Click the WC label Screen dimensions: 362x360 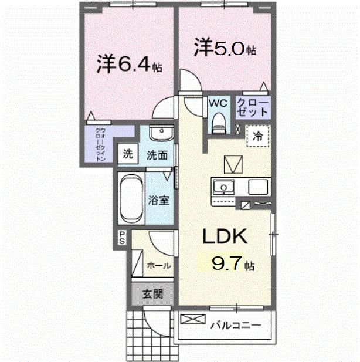[x=219, y=103]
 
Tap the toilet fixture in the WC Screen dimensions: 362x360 [x=219, y=122]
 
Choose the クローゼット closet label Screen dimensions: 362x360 [x=253, y=107]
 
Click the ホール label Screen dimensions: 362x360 [x=158, y=265]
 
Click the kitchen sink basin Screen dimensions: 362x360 [x=223, y=188]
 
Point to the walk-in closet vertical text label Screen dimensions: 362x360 [x=100, y=144]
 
